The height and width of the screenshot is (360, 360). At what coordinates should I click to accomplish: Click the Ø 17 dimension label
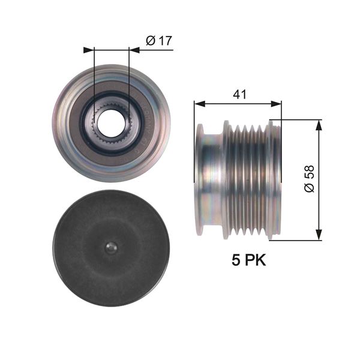159,41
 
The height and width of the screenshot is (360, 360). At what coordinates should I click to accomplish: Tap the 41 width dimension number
238,94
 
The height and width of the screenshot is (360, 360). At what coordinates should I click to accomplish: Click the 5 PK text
248,260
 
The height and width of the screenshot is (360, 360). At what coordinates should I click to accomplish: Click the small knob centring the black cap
111,248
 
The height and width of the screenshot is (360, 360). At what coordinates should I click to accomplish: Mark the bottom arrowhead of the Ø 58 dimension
318,236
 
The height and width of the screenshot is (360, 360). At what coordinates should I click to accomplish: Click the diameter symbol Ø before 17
151,41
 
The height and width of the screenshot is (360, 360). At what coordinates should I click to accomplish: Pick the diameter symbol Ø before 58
309,188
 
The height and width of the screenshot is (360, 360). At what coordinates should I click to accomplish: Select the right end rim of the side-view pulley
275,180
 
